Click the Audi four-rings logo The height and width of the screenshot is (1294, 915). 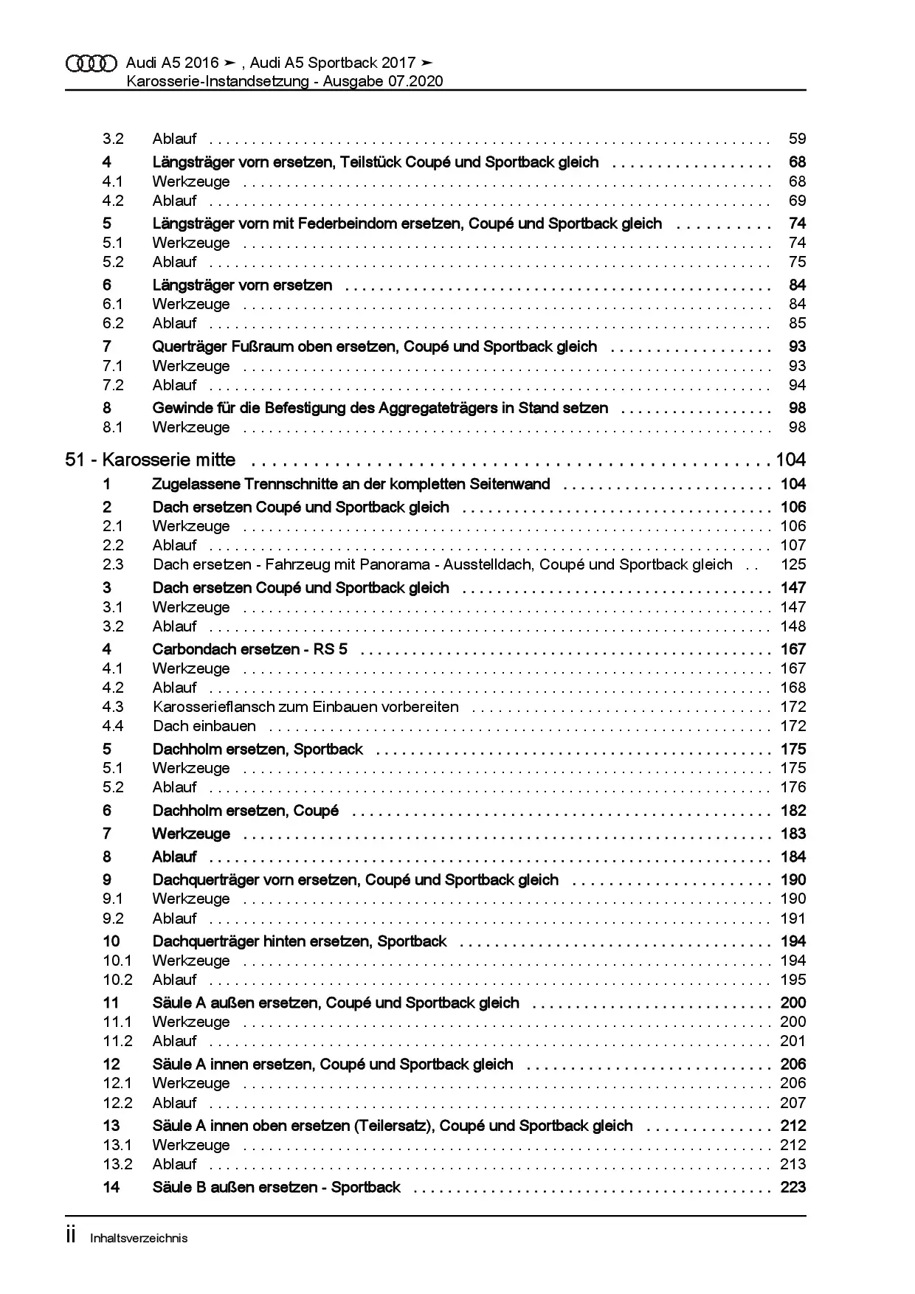click(x=91, y=63)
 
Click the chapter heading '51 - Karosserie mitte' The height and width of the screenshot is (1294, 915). click(x=151, y=460)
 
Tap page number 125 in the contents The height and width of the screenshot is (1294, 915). click(x=793, y=564)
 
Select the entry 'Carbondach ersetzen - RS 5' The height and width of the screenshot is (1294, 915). click(x=249, y=649)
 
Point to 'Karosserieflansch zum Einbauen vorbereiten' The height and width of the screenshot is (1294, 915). click(x=305, y=707)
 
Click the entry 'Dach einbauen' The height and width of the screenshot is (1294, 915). click(x=204, y=726)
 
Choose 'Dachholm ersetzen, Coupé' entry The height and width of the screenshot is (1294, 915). click(x=245, y=811)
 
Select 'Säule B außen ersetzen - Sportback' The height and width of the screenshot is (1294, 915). click(x=276, y=1187)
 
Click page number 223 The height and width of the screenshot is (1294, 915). click(x=793, y=1187)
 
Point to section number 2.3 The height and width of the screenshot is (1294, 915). click(x=113, y=564)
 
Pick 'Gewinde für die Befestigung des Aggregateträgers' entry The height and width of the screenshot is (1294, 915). click(x=380, y=408)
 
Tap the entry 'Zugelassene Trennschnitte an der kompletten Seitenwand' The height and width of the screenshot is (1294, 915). click(x=351, y=484)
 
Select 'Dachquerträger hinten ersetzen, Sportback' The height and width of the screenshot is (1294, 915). click(x=300, y=941)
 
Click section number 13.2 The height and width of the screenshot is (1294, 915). click(x=117, y=1164)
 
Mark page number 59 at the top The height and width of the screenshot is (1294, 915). click(x=797, y=139)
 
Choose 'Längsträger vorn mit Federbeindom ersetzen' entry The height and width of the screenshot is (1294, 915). click(x=407, y=224)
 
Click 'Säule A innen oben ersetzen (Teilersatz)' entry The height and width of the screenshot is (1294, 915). click(x=393, y=1126)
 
